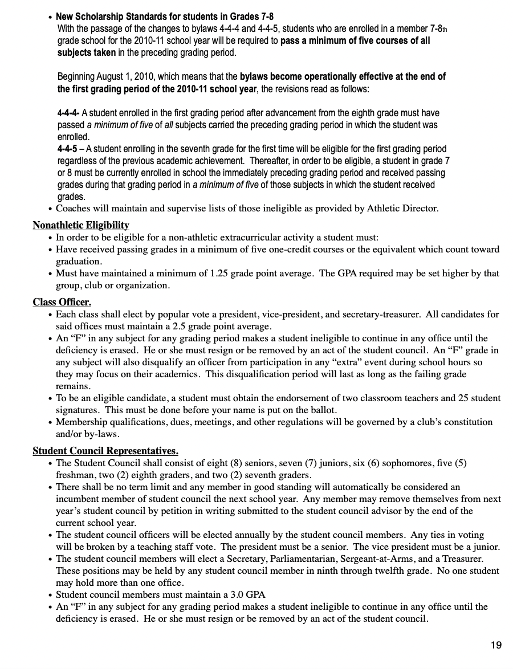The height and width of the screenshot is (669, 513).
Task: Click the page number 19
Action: tap(496, 645)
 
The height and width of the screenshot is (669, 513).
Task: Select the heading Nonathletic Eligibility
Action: tap(81, 225)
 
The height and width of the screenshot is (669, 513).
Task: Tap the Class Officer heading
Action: tap(62, 302)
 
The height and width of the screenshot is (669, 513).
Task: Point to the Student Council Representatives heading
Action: tap(105, 451)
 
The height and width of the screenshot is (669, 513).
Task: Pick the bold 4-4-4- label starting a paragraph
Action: tap(68, 113)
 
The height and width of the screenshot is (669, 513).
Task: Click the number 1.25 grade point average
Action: tap(220, 273)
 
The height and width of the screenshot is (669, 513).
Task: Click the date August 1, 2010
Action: tap(125, 77)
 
